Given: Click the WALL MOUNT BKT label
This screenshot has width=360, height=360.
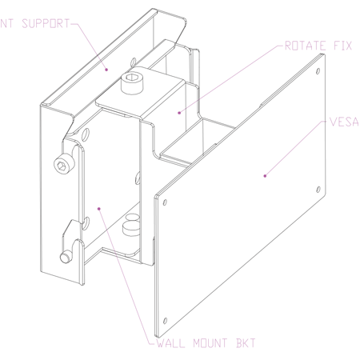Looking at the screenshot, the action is [x=206, y=343].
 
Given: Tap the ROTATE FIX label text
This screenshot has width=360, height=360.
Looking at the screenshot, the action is [x=318, y=46].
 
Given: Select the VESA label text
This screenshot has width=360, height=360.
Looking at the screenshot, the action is [x=345, y=122].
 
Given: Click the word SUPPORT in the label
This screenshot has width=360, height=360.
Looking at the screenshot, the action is [x=46, y=23].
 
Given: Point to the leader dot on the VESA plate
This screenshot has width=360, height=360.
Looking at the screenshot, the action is [x=265, y=176].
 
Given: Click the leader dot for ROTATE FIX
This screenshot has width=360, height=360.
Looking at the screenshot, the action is [x=179, y=113].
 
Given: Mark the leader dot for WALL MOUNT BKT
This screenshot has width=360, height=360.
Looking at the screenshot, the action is [x=99, y=209].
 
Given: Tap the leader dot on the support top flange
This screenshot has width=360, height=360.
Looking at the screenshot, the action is [x=106, y=70].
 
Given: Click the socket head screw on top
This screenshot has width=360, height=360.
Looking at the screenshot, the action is [x=132, y=84].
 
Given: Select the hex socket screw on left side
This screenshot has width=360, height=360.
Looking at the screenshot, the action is [x=63, y=165].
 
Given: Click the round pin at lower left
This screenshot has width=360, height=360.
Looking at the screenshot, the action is [x=66, y=257].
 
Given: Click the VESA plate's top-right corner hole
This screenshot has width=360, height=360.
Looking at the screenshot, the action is [x=318, y=71].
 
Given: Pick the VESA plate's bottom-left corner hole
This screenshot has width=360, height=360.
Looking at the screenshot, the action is [x=165, y=321].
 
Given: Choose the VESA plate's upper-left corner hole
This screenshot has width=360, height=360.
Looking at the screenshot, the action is [x=165, y=202].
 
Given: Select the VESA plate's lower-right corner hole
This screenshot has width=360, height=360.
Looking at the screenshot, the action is [x=318, y=190].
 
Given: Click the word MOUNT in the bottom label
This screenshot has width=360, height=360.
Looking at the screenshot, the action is [x=210, y=343].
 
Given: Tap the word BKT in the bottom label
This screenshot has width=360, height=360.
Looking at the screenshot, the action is [x=246, y=343].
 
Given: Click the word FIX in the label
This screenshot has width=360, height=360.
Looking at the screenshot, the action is [x=342, y=46].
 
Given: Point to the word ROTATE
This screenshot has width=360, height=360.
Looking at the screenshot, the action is [x=306, y=46].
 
